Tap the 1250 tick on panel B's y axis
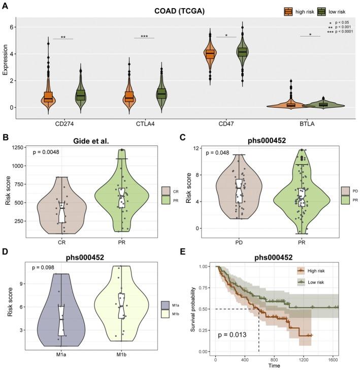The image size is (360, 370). click(23, 147)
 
